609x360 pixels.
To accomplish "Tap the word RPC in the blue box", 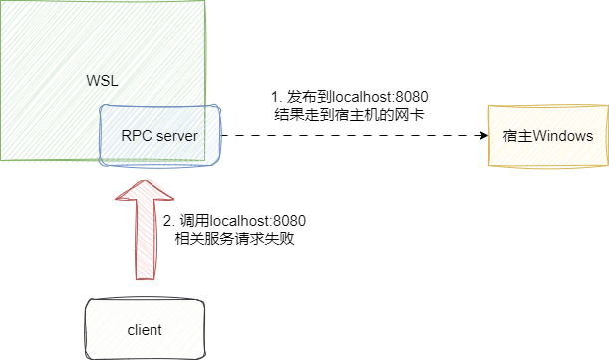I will point(134,135).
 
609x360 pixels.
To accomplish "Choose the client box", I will point(145,328).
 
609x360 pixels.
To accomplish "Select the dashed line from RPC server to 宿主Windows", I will point(349,135).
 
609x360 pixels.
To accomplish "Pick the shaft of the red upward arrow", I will point(145,239).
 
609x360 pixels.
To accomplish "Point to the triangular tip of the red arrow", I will point(145,189).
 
